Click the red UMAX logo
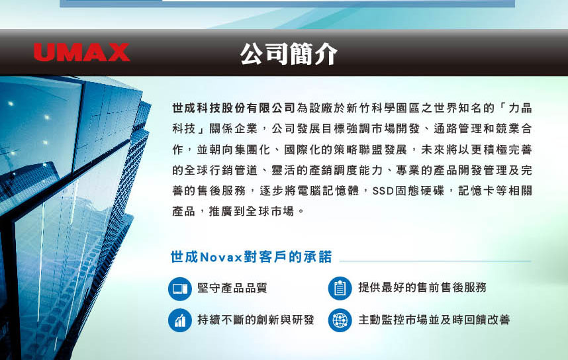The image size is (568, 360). coord(81,52)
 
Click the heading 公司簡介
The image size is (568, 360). coord(289,54)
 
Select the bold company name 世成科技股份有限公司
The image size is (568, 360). coord(234,108)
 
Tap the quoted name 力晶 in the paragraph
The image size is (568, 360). coord(520,108)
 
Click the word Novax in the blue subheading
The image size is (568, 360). coord(221,257)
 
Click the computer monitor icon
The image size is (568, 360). coord(180,289)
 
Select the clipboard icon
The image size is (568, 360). coord(340,289)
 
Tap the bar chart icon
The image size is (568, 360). coord(180,320)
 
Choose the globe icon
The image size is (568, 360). coord(340,320)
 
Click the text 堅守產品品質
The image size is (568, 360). coord(232,288)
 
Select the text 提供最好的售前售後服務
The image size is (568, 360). coord(422,287)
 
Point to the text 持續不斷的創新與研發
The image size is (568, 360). coord(256,320)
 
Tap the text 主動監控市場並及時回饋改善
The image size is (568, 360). coord(434,320)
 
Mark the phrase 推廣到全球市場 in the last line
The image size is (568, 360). coord(252,211)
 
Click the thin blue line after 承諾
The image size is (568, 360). coord(436,261)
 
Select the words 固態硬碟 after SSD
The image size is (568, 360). coord(420,191)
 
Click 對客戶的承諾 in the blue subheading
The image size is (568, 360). coord(287,257)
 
